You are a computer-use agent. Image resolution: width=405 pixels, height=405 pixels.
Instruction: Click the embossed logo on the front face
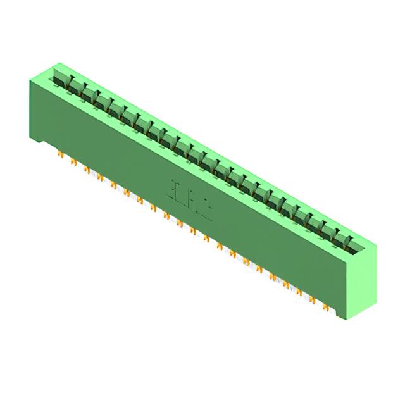pyautogui.click(x=189, y=199)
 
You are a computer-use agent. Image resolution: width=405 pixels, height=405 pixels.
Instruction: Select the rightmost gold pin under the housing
pyautogui.click(x=325, y=308)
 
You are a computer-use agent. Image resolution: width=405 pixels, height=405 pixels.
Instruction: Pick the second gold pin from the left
pyautogui.click(x=73, y=162)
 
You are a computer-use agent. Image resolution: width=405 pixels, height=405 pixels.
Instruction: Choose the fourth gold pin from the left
pyautogui.click(x=100, y=177)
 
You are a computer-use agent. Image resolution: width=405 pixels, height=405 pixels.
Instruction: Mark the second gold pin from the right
pyautogui.click(x=313, y=300)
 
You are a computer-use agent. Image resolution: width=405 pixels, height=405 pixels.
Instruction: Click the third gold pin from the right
pyautogui.click(x=299, y=292)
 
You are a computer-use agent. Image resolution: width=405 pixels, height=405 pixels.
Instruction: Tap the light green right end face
pyautogui.click(x=362, y=282)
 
